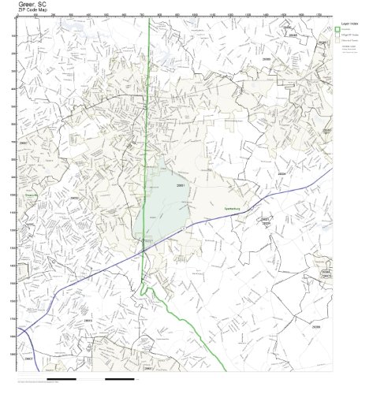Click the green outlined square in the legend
coord(337,32)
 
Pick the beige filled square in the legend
coord(337,44)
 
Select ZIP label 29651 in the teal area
coord(181,185)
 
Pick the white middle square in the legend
coord(337,38)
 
